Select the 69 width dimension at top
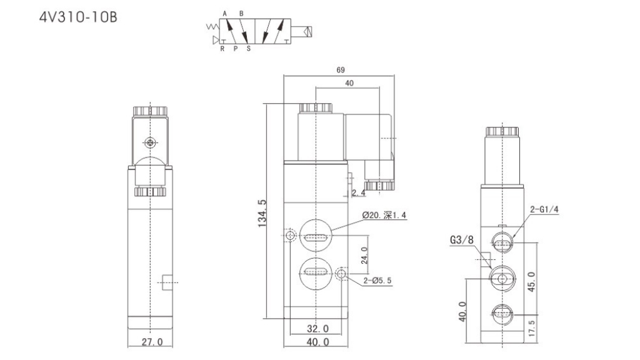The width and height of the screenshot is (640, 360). coord(339,70)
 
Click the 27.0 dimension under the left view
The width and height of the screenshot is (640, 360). coord(152,342)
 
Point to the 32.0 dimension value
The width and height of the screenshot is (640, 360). coord(317,329)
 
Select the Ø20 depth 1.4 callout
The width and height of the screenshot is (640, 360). coord(389,216)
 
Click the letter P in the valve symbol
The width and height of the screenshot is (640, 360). coord(235,47)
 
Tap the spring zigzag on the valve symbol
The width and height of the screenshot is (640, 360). coord(211,27)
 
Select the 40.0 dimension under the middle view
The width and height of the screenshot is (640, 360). coord(317,342)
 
